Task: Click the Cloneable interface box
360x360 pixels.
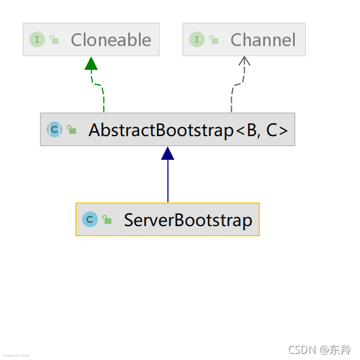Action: pyautogui.click(x=91, y=39)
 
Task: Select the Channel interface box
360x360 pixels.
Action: pyautogui.click(x=244, y=39)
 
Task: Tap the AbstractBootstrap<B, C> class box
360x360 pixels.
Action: pyautogui.click(x=168, y=129)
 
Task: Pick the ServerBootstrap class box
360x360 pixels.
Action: pyautogui.click(x=168, y=219)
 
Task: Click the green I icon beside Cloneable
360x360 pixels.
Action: pyautogui.click(x=37, y=39)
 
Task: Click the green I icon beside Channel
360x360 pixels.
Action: pyautogui.click(x=197, y=39)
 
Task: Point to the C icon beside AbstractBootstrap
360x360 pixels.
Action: pyautogui.click(x=54, y=129)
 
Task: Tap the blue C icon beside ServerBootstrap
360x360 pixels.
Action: pyautogui.click(x=89, y=219)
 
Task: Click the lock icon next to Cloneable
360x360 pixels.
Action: pyautogui.click(x=54, y=39)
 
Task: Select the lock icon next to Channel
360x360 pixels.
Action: pyautogui.click(x=214, y=39)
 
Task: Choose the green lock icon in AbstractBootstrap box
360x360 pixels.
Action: pyautogui.click(x=72, y=129)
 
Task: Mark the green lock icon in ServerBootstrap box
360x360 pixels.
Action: pyautogui.click(x=107, y=219)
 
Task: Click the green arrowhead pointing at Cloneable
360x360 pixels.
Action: pyautogui.click(x=92, y=63)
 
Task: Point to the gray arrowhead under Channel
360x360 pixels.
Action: pyautogui.click(x=244, y=62)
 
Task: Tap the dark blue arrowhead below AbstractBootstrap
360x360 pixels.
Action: pyautogui.click(x=168, y=153)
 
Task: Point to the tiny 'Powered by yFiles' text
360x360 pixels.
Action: pyautogui.click(x=16, y=355)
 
